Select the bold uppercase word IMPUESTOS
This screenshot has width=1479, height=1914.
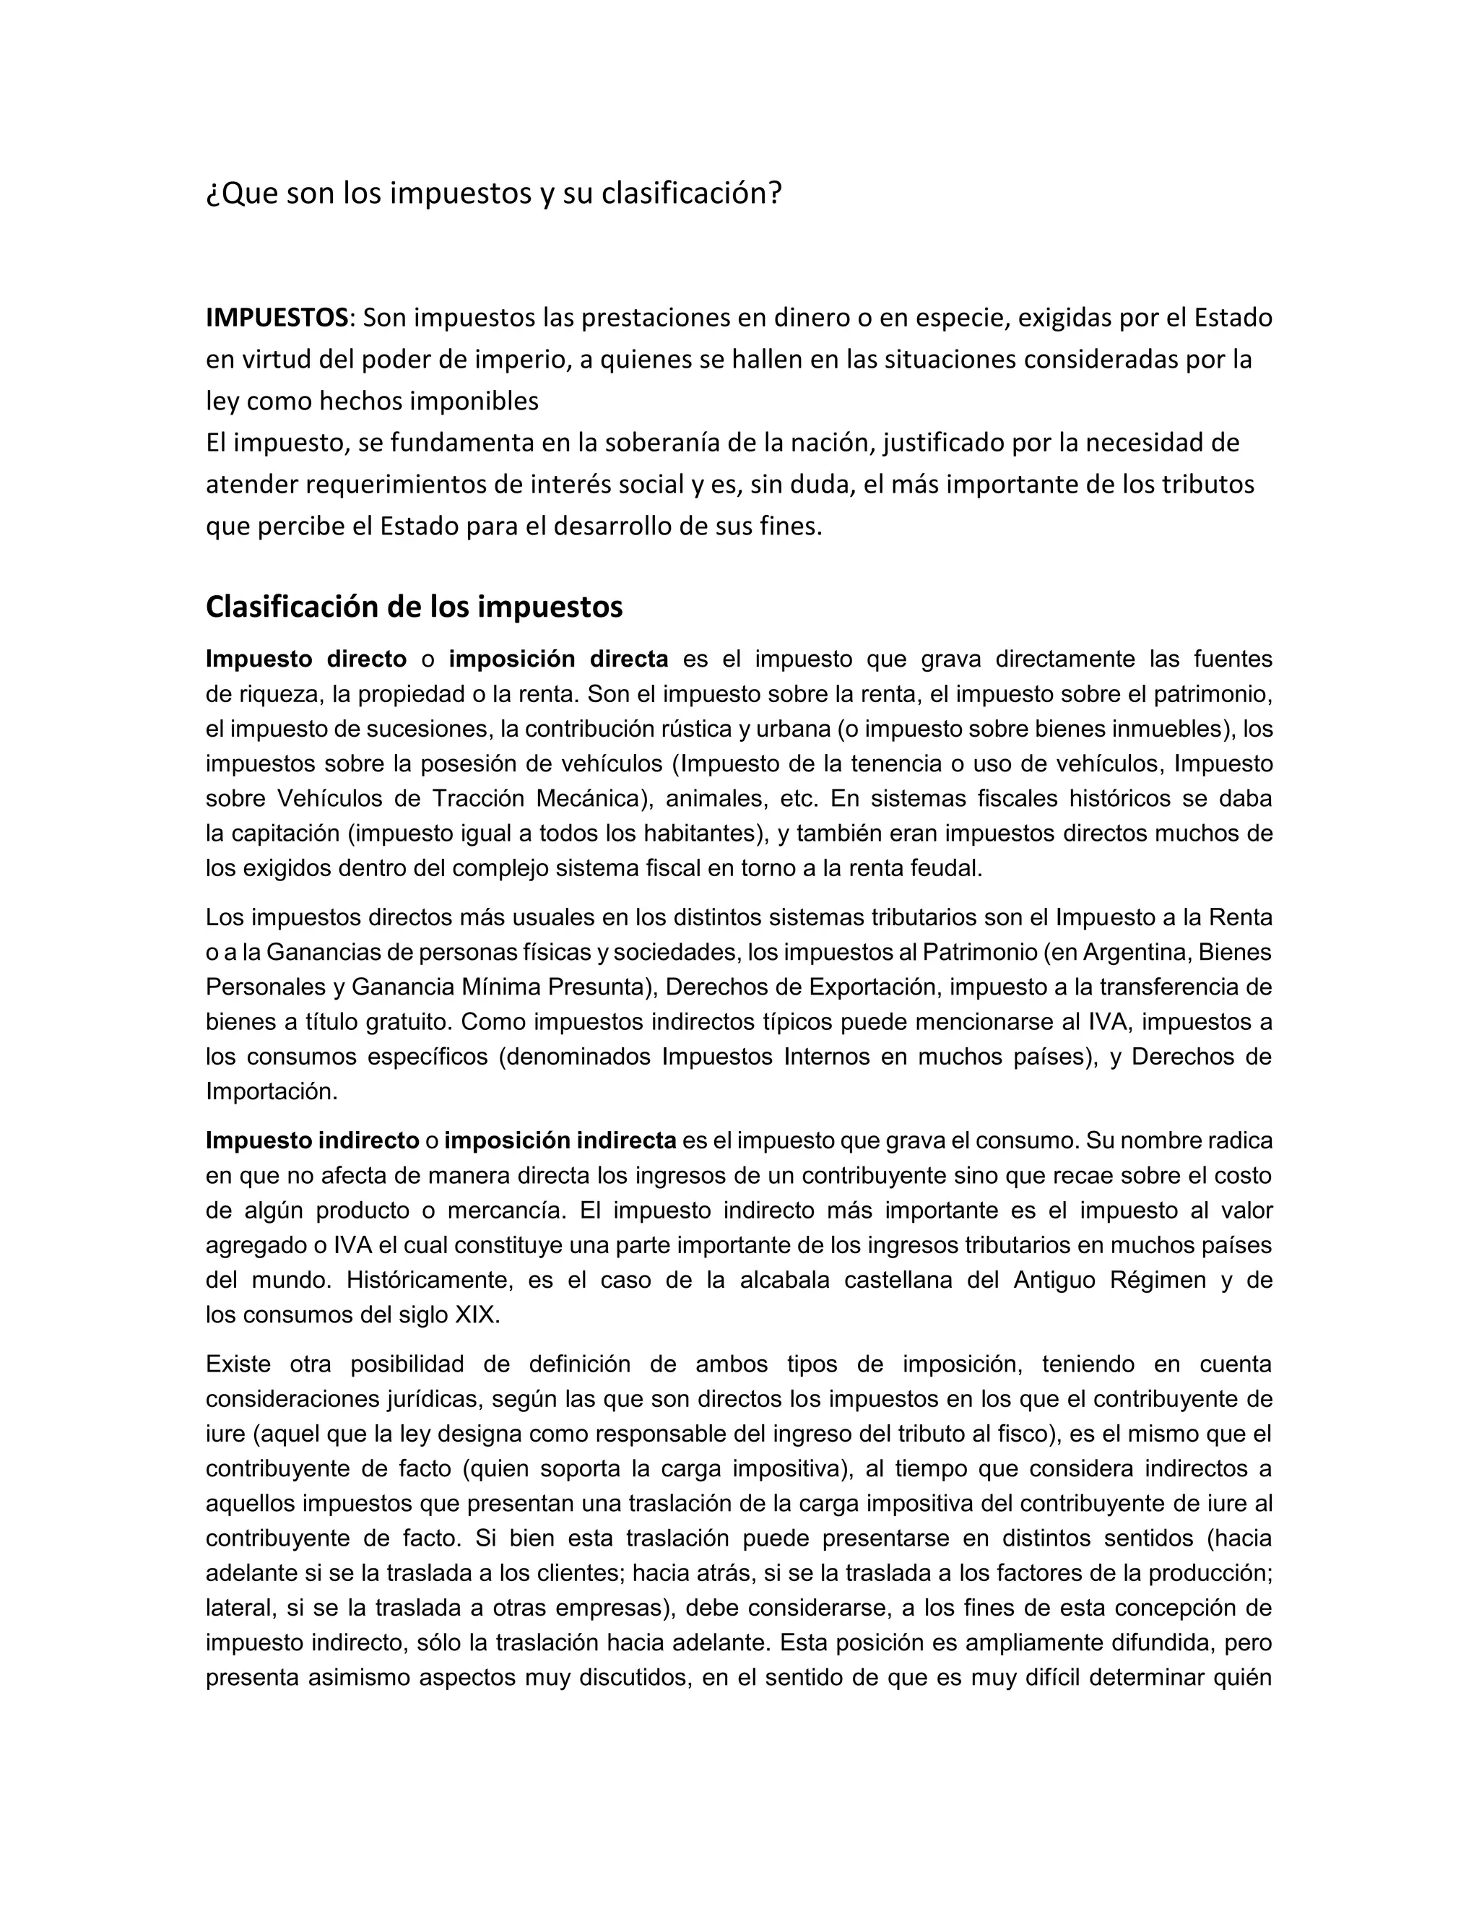[277, 317]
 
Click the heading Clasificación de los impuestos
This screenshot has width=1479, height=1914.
[414, 607]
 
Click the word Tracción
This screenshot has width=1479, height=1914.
[469, 798]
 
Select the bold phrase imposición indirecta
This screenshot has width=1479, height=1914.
[560, 1140]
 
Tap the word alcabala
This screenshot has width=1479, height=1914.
[784, 1281]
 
